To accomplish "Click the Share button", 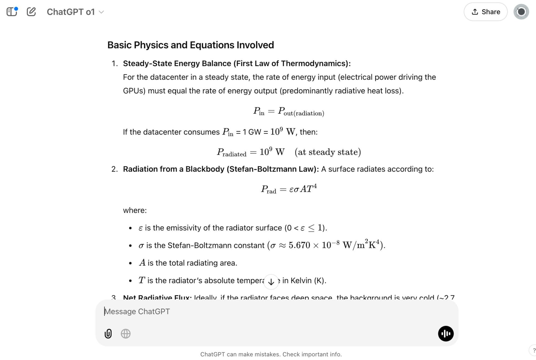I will point(485,12).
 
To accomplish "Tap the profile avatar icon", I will point(521,12).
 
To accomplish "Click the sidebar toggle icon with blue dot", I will point(12,12).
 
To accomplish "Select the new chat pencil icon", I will point(31,12).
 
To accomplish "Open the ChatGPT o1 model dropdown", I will point(75,12).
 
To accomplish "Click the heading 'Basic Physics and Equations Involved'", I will point(190,45).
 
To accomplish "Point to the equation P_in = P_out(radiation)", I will point(288,111).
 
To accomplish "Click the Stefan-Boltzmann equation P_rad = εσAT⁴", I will point(289,189).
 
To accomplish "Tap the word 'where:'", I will point(135,210).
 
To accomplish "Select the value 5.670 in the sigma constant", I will point(299,245).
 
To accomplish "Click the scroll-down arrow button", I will point(271,282).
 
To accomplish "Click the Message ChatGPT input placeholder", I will point(137,311).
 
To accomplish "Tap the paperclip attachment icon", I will point(108,333).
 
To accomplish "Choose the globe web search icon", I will point(126,333).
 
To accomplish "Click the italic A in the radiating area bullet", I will point(142,263).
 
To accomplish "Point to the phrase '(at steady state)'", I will point(328,152).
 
